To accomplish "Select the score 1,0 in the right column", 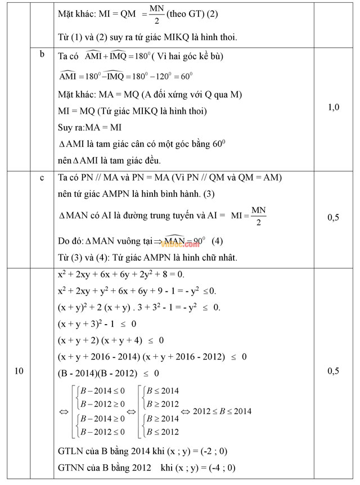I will coord(333,107).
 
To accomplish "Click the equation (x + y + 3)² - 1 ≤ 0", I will coord(97,324).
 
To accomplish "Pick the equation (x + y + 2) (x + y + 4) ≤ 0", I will coord(111,340).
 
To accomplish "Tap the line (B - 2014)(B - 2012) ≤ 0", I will coord(109,373).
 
